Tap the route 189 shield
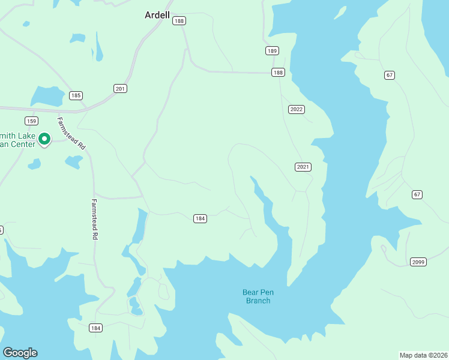click(273, 51)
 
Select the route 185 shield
click(76, 95)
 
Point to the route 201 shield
click(121, 89)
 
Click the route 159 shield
click(32, 120)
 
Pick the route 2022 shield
click(297, 109)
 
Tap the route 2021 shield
click(303, 167)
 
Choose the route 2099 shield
click(418, 262)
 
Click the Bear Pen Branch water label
click(256, 296)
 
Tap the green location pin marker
click(44, 139)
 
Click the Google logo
click(20, 353)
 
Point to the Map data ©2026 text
click(423, 355)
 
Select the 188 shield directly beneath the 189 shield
click(277, 72)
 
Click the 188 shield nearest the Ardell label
click(179, 21)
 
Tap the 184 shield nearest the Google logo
click(95, 328)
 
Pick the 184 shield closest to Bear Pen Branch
click(200, 218)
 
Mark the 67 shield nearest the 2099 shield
click(417, 194)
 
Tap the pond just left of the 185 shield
click(47, 96)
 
